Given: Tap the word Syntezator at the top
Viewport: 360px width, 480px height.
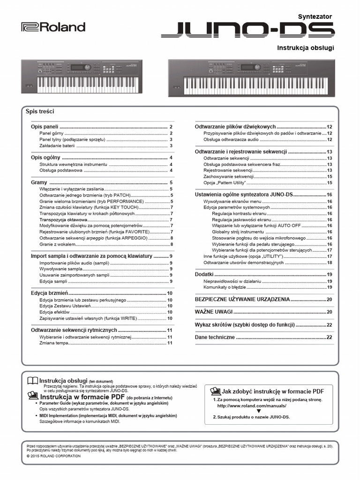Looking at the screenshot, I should (315, 16).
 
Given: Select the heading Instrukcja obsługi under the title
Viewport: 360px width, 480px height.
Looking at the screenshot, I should (306, 48).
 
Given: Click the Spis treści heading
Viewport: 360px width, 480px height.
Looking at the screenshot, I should (40, 112).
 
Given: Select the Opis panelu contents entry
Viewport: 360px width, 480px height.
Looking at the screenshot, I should (45, 127).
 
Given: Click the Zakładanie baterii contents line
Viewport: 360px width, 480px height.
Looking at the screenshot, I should (60, 146).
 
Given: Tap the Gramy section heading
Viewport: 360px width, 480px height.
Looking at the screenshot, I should (39, 182).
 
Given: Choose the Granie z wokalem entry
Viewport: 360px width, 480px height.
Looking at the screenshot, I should (57, 244).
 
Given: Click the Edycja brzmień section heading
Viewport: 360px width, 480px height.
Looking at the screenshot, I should (50, 293).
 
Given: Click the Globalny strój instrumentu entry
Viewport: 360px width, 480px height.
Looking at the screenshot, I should (238, 232).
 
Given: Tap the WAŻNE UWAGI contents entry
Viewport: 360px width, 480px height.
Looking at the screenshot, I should (214, 312).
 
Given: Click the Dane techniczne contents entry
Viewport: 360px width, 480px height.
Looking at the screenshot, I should (215, 337).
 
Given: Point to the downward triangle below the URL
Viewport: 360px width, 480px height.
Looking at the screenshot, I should (258, 411).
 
